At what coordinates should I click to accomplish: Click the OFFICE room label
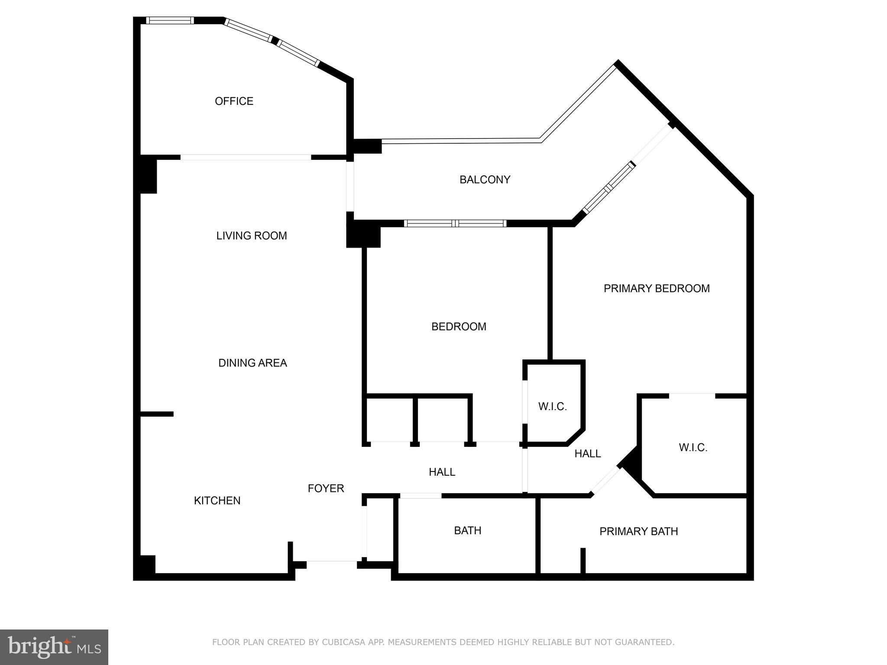pos(234,101)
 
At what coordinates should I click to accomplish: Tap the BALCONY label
pos(485,180)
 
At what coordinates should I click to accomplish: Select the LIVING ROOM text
pos(251,236)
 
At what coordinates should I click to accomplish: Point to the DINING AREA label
pos(253,363)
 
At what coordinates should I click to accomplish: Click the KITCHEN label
pos(217,500)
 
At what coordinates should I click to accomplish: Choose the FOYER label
pos(326,488)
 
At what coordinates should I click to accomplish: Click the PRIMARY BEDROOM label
pos(656,288)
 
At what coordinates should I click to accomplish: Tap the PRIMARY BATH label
pos(638,531)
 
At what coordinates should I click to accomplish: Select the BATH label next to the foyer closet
pos(467,530)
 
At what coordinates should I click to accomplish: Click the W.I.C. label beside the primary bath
pos(693,448)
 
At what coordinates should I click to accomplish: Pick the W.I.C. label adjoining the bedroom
pos(552,407)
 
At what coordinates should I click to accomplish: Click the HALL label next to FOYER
pos(442,472)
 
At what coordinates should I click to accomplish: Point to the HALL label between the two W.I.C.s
pos(587,454)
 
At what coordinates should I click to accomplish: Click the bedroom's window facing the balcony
pos(455,223)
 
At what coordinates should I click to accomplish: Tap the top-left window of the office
pos(169,20)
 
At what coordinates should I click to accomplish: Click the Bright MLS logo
pos(54,647)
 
